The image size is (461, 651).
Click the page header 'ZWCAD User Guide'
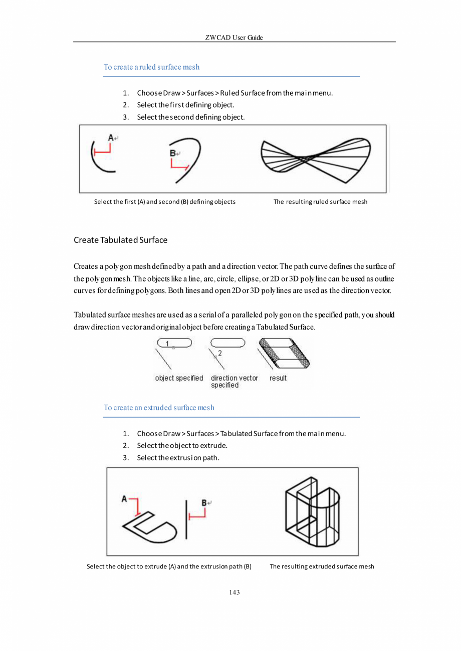click(x=234, y=38)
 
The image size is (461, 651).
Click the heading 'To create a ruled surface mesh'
click(x=151, y=67)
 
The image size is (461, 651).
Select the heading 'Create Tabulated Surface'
click(x=120, y=240)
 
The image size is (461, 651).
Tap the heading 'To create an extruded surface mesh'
click(x=159, y=407)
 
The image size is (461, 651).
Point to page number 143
click(x=234, y=592)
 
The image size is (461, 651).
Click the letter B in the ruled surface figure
click(x=173, y=154)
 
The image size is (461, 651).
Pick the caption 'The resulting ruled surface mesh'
click(x=320, y=202)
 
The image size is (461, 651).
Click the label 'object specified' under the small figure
click(x=179, y=378)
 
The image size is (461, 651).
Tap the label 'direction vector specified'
click(x=234, y=382)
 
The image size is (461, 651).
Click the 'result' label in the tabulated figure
click(x=278, y=378)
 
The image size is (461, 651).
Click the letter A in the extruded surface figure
click(x=125, y=499)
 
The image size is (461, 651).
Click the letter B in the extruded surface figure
click(x=204, y=502)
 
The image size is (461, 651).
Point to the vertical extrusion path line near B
click(x=186, y=519)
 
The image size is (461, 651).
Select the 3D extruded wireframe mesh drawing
click(x=312, y=511)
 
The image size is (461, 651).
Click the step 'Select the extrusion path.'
click(x=178, y=457)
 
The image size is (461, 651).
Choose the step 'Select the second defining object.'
click(x=191, y=117)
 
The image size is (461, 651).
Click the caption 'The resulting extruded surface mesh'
click(x=322, y=566)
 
